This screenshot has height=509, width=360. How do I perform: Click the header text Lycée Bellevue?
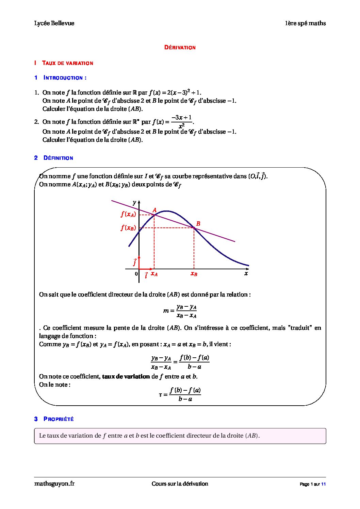(x=54, y=23)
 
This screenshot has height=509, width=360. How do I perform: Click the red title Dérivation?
(x=180, y=48)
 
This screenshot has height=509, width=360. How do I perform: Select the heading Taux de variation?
(x=67, y=63)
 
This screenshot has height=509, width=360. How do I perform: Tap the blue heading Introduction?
(x=65, y=78)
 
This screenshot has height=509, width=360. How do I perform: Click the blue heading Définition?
(x=58, y=158)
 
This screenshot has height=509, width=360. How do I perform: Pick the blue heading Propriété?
(x=59, y=419)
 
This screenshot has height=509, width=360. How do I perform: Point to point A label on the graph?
(x=154, y=210)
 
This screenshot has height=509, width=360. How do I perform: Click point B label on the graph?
(x=198, y=224)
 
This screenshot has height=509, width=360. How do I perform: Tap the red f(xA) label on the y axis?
(x=128, y=214)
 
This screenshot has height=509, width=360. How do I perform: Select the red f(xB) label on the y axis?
(x=128, y=228)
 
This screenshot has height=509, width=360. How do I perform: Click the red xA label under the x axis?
(x=154, y=274)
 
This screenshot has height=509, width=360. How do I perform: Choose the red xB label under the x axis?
(x=194, y=274)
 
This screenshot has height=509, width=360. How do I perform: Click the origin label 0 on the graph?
(x=136, y=274)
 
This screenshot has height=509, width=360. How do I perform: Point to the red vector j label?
(x=135, y=262)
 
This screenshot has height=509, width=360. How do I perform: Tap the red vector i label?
(x=146, y=275)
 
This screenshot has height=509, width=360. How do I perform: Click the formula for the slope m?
(x=180, y=311)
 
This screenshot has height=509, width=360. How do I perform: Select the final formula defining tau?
(x=180, y=394)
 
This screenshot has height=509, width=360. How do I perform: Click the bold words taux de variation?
(x=126, y=376)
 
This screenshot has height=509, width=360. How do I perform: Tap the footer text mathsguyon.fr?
(x=54, y=483)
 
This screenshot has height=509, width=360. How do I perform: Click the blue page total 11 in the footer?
(x=324, y=484)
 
